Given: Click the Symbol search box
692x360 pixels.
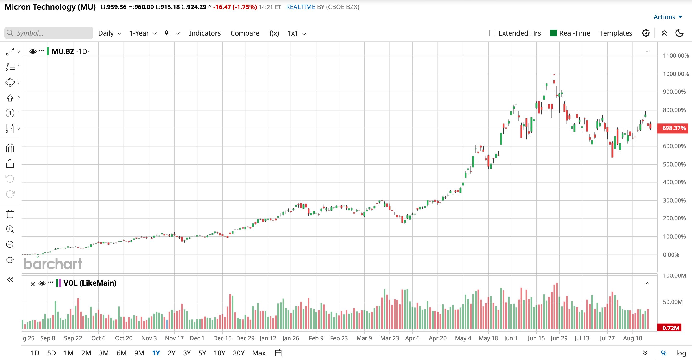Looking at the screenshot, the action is coord(49,33).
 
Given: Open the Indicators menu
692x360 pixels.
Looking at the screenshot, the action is coord(205,33).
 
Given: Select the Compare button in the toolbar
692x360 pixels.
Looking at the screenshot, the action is coord(245,33).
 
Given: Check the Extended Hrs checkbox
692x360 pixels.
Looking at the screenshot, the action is coord(492,33).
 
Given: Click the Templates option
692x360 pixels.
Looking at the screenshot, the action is coord(616,33).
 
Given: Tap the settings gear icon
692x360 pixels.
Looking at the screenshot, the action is coord(646,33).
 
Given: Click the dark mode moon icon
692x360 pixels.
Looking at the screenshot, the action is coord(679,33).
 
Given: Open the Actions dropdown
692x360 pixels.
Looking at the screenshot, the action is coord(667,17).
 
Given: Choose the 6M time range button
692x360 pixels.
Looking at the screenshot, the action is coord(121,353).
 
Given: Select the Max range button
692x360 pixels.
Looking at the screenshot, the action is coord(259,353).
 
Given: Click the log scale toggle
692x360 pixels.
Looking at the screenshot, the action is coord(681,353).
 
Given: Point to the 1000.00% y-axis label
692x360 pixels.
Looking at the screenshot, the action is coord(676,74).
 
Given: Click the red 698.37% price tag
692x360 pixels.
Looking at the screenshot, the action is coord(674,128).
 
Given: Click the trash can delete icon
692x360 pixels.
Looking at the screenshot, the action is coord(10,214).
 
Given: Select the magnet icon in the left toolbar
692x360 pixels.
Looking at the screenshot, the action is coord(10,148).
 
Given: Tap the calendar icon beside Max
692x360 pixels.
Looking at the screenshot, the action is coord(278,353).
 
